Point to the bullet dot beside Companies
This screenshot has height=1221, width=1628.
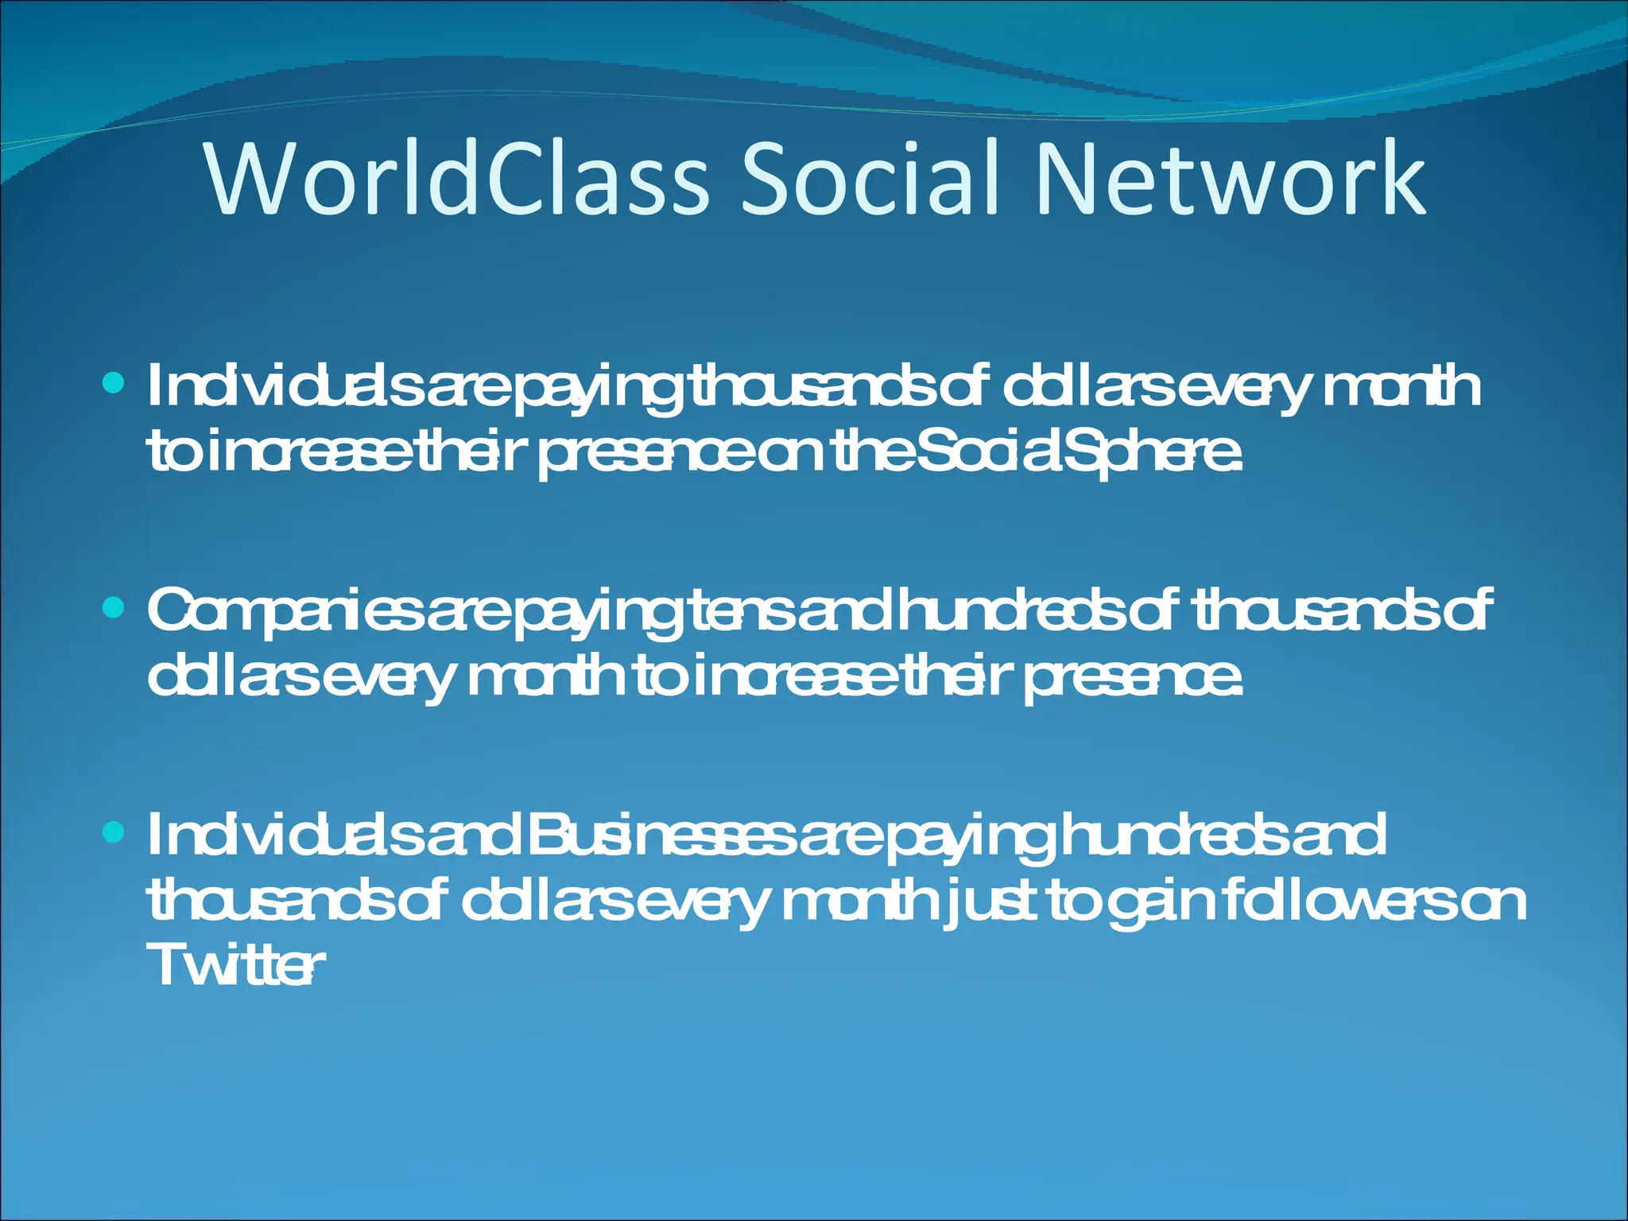point(115,609)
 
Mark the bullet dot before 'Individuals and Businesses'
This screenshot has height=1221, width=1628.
point(115,832)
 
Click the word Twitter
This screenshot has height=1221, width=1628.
point(235,965)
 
